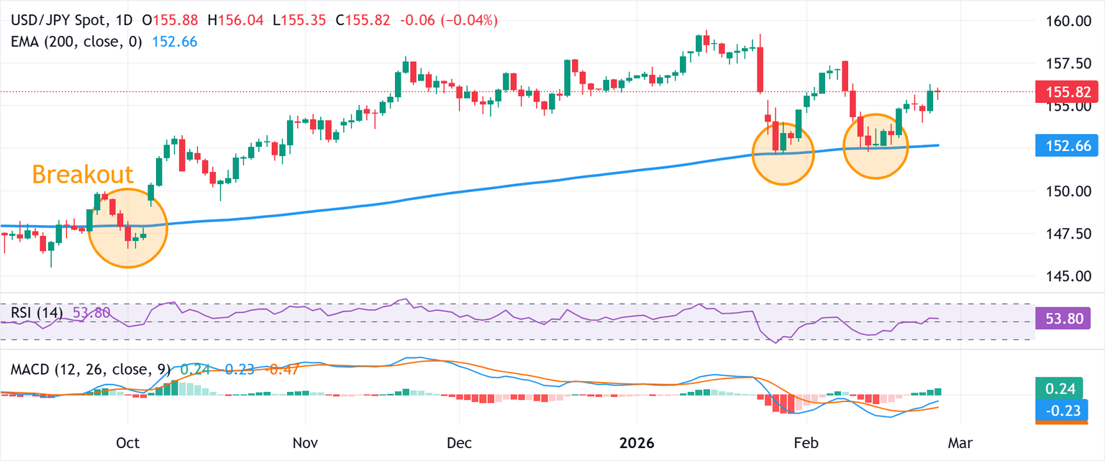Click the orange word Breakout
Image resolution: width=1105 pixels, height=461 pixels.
[83, 175]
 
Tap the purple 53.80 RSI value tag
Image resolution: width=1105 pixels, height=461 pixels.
[1062, 317]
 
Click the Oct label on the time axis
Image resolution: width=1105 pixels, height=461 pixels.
[127, 442]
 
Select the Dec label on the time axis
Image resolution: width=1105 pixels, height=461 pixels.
[459, 442]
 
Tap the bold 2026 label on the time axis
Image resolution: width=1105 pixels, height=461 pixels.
[637, 442]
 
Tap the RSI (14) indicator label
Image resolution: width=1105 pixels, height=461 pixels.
[37, 313]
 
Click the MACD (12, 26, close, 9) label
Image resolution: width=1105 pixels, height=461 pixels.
[91, 370]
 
